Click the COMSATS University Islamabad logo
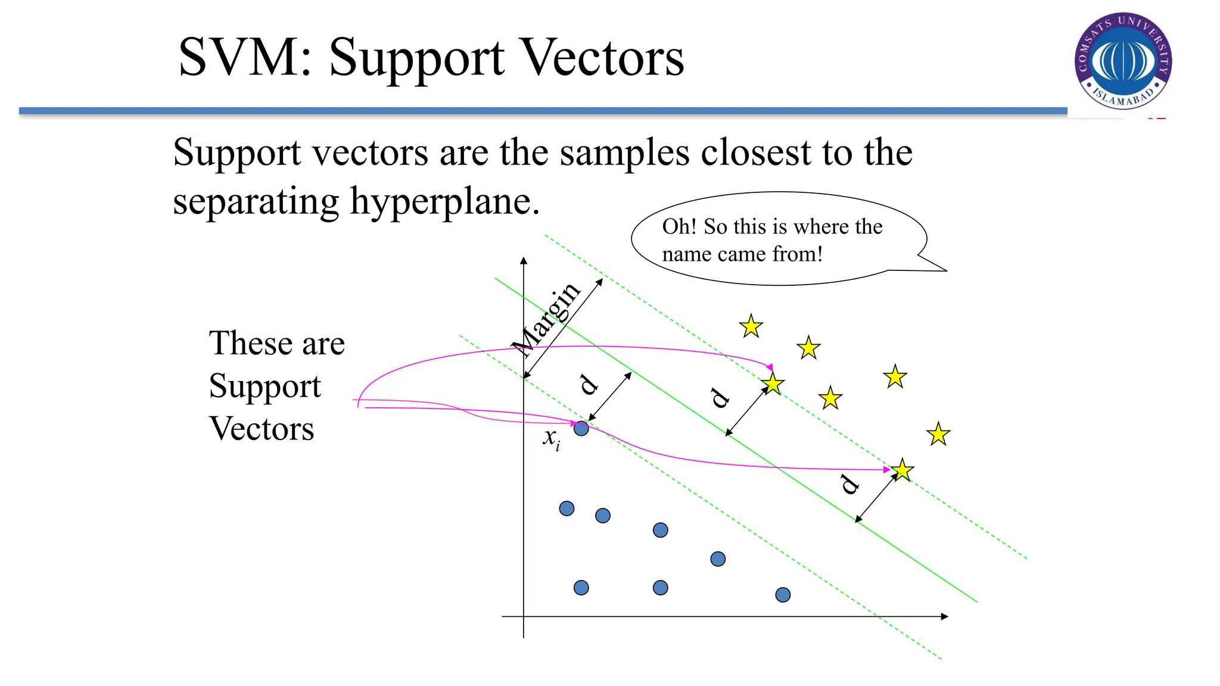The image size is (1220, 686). (1123, 60)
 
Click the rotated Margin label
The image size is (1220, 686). (547, 319)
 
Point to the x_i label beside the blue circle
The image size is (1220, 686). (551, 438)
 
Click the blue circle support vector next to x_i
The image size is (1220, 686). (581, 428)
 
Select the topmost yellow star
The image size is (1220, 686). (751, 326)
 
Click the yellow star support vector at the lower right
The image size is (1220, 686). (902, 470)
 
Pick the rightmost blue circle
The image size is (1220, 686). (783, 594)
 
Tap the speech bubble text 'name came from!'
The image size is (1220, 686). (742, 254)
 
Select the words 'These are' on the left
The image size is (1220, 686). (277, 343)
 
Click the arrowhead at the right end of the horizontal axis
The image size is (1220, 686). (944, 616)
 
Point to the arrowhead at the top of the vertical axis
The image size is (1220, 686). (524, 261)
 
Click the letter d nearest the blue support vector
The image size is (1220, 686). (589, 385)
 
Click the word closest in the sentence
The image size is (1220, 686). (755, 152)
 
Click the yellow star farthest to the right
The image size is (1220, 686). (938, 434)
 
